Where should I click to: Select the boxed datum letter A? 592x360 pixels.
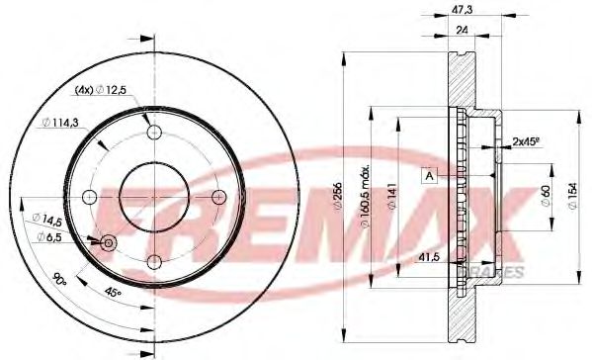click(x=429, y=176)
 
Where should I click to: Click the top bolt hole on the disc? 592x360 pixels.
click(x=153, y=133)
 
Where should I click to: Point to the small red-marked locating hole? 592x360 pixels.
click(x=108, y=242)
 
